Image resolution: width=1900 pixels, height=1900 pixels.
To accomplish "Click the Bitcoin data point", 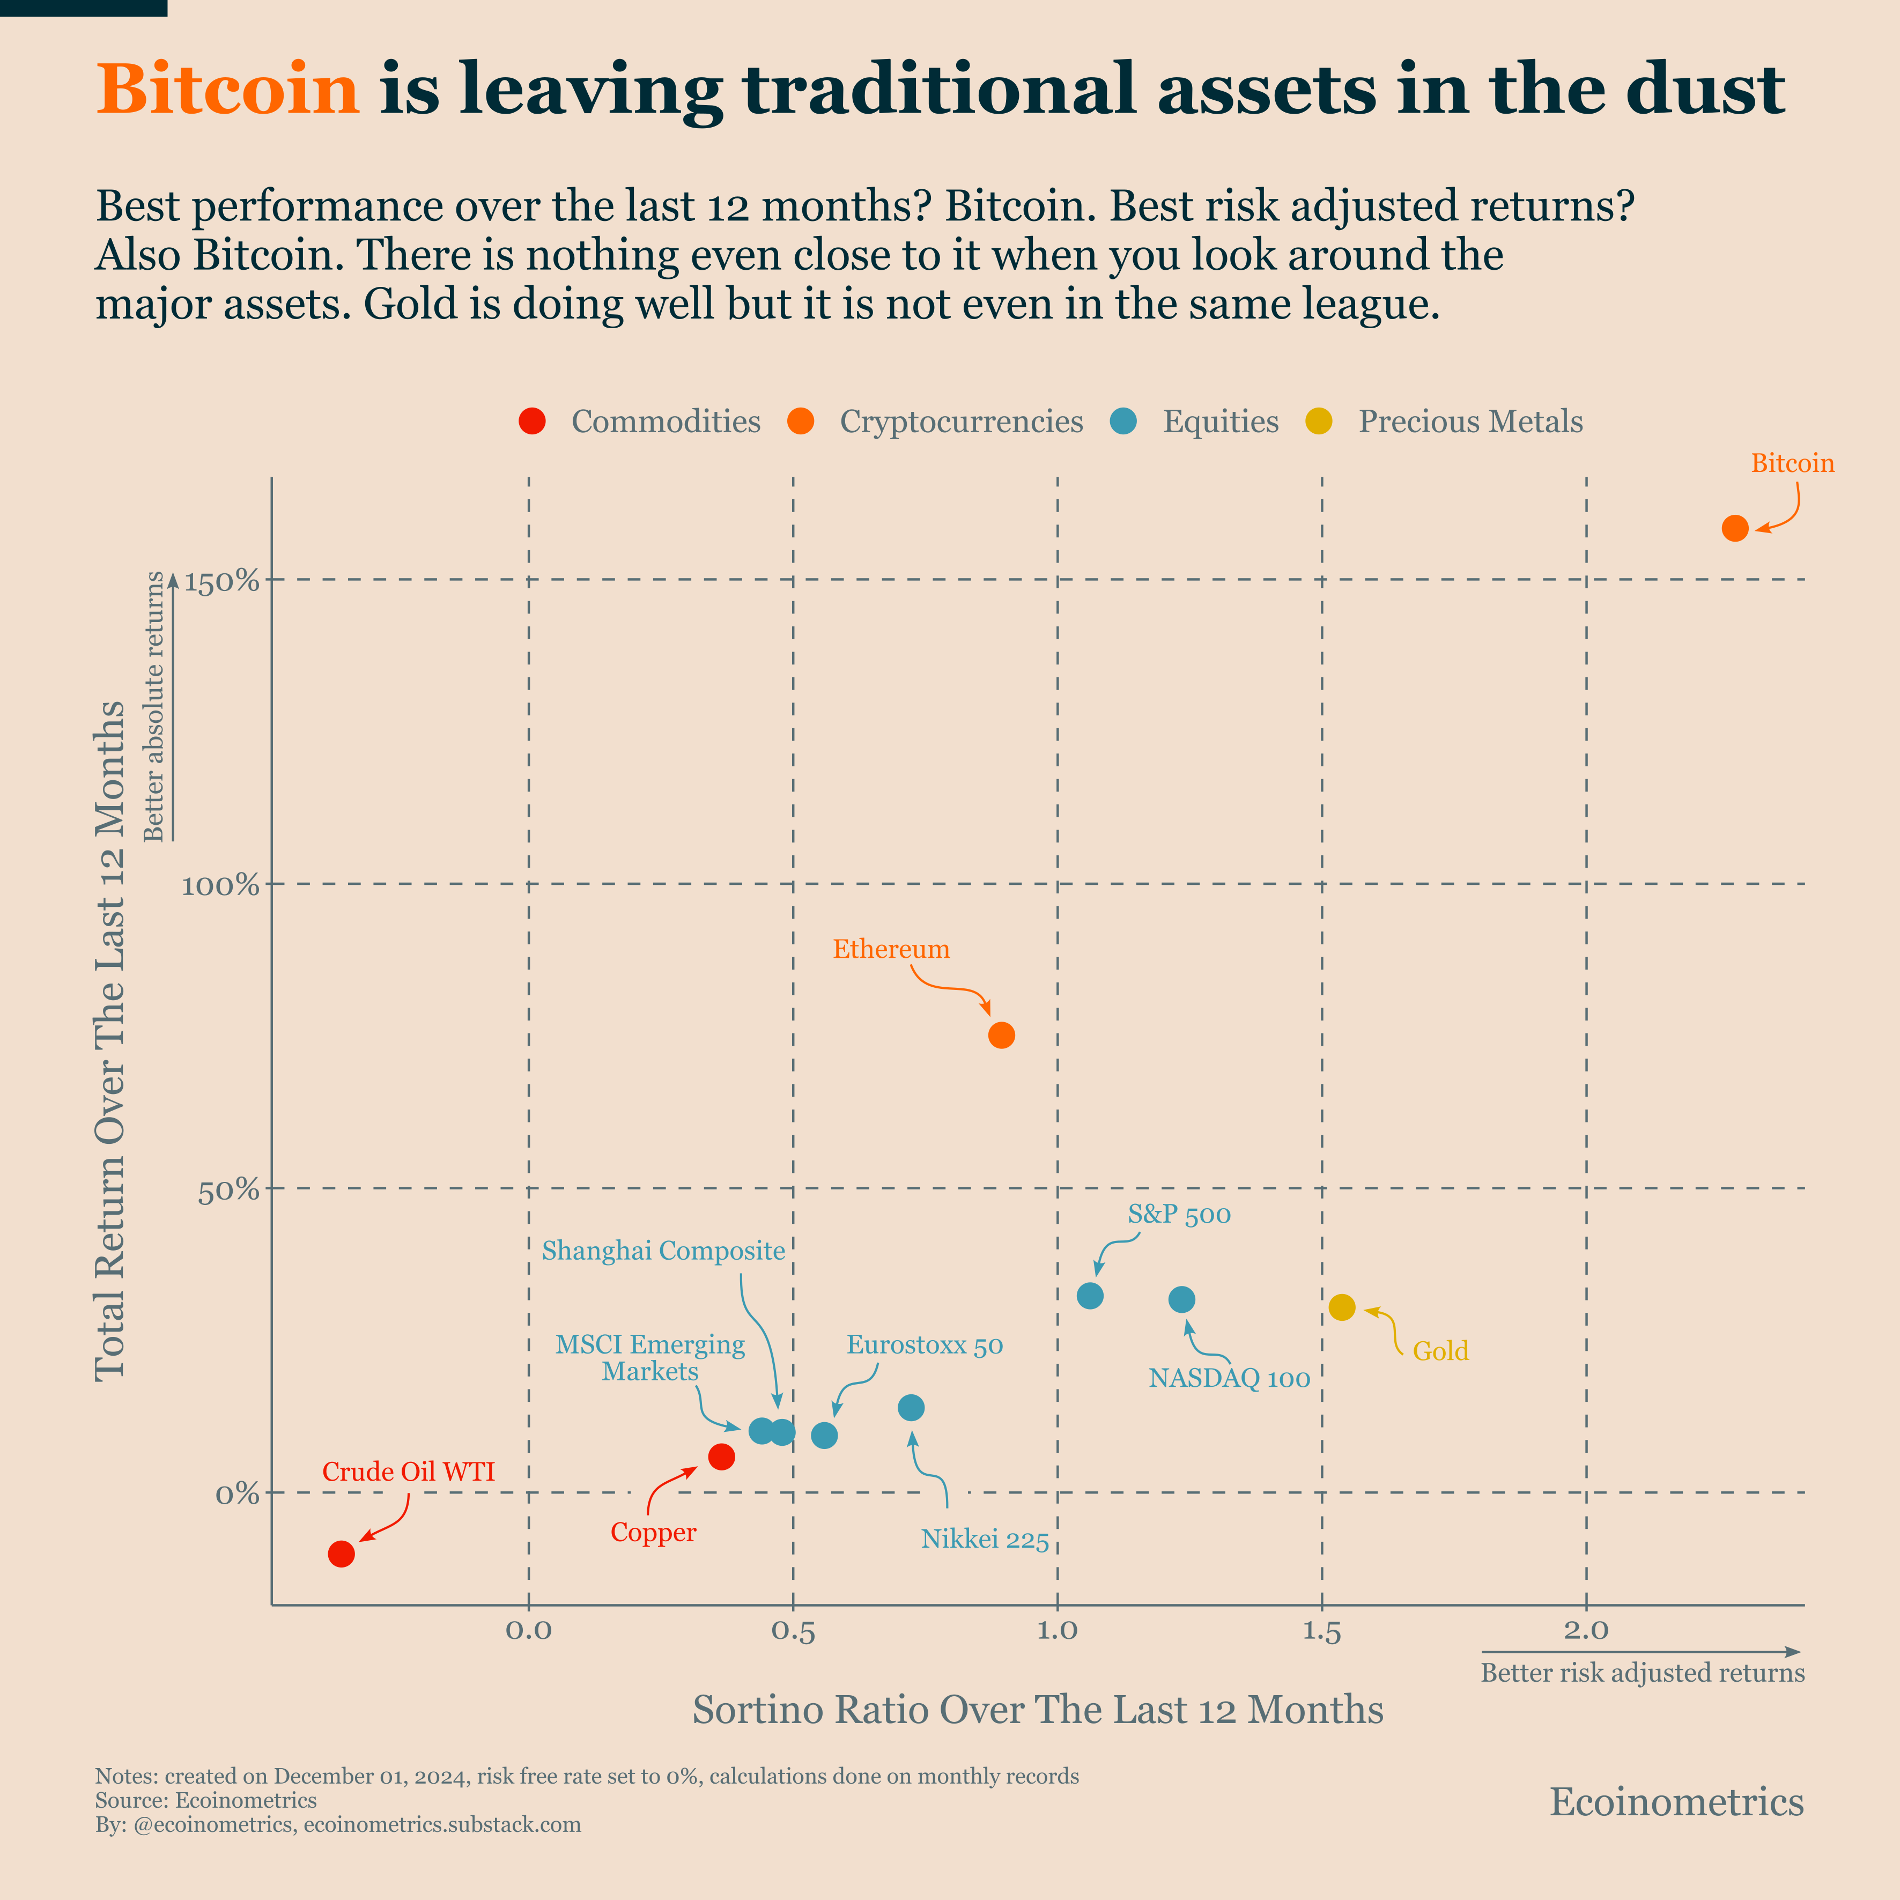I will [1735, 528].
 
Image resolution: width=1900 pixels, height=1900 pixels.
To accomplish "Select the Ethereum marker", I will [1001, 1036].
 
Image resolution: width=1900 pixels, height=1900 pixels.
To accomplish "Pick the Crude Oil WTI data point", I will [341, 1554].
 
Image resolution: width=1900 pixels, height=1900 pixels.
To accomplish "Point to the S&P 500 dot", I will [1090, 1296].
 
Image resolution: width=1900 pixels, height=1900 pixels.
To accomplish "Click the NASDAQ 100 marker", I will [1182, 1300].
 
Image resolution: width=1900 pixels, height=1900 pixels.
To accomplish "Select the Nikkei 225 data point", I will [912, 1408].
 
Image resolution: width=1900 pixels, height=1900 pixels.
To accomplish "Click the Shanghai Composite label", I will [664, 1251].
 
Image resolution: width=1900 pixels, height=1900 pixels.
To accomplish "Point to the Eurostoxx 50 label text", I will [925, 1345].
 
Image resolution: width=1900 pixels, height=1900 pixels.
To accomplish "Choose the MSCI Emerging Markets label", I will [650, 1358].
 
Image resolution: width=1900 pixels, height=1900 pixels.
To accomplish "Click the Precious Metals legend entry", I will [1470, 422].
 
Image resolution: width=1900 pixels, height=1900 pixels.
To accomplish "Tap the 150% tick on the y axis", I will [221, 581].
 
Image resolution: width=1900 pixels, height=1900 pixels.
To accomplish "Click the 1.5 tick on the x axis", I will [1322, 1631].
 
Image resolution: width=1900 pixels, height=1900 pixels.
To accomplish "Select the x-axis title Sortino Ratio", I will [1038, 1710].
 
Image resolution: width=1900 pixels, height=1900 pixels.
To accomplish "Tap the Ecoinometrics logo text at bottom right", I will [1677, 1802].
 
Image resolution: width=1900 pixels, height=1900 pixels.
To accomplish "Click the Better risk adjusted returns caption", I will [1643, 1673].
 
